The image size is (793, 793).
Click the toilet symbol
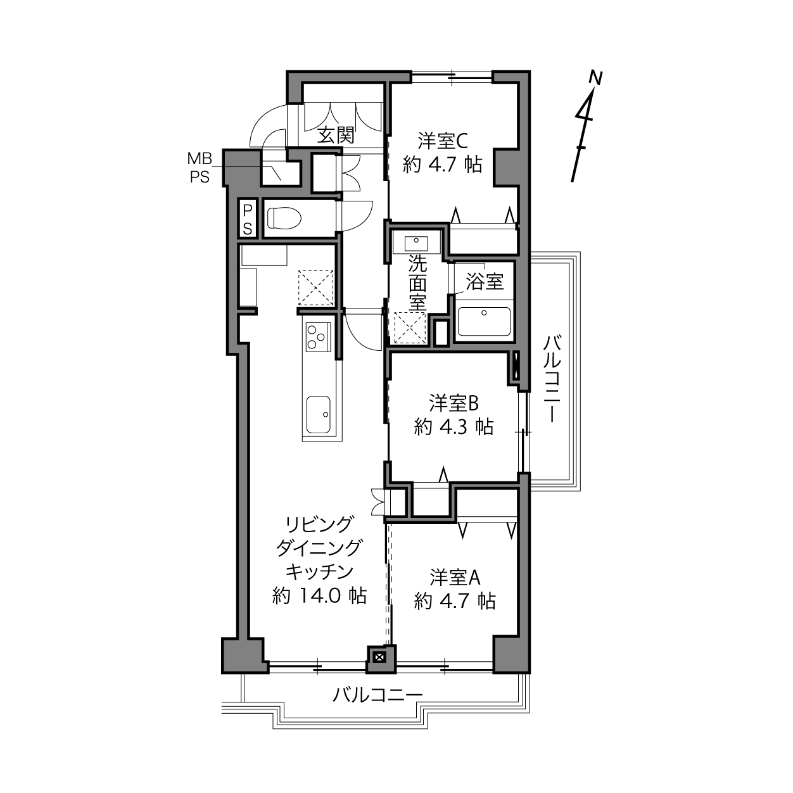click(284, 218)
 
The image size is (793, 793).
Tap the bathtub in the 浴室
click(485, 321)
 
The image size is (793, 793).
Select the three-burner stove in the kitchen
click(318, 337)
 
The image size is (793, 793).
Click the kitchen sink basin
click(318, 415)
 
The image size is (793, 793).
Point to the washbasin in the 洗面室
click(416, 244)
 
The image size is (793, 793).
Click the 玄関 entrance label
click(336, 135)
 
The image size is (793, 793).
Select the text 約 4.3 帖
click(454, 427)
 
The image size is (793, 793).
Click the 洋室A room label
click(455, 578)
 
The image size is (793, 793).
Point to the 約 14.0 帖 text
click(319, 595)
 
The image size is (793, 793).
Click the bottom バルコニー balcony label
click(377, 695)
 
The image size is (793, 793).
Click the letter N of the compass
click(595, 77)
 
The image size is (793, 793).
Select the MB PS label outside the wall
click(200, 167)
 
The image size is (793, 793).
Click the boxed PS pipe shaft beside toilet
click(248, 218)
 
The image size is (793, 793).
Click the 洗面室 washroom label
click(417, 283)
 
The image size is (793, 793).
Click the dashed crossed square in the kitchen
click(315, 288)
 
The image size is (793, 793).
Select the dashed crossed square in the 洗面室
click(410, 327)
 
